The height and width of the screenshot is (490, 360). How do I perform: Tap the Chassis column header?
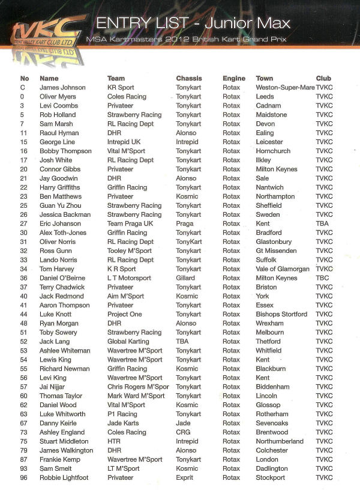[189, 78]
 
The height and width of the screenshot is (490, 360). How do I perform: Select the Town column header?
[264, 78]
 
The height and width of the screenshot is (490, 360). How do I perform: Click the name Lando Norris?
[59, 260]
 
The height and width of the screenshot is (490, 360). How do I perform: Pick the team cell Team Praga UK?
[130, 223]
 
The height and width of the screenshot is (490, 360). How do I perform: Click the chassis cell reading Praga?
[185, 223]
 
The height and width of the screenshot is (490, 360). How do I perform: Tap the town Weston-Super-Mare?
[285, 88]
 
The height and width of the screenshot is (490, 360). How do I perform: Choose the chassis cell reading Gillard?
[185, 278]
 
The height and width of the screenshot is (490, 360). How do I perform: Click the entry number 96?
[24, 477]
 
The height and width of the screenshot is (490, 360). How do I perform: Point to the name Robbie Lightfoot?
[64, 477]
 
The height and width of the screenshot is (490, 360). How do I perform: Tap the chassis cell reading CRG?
[183, 432]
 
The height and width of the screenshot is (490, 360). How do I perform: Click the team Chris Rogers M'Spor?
[138, 387]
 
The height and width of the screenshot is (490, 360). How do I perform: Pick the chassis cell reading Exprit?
[185, 477]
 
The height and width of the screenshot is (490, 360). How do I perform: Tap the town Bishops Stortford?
[281, 314]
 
